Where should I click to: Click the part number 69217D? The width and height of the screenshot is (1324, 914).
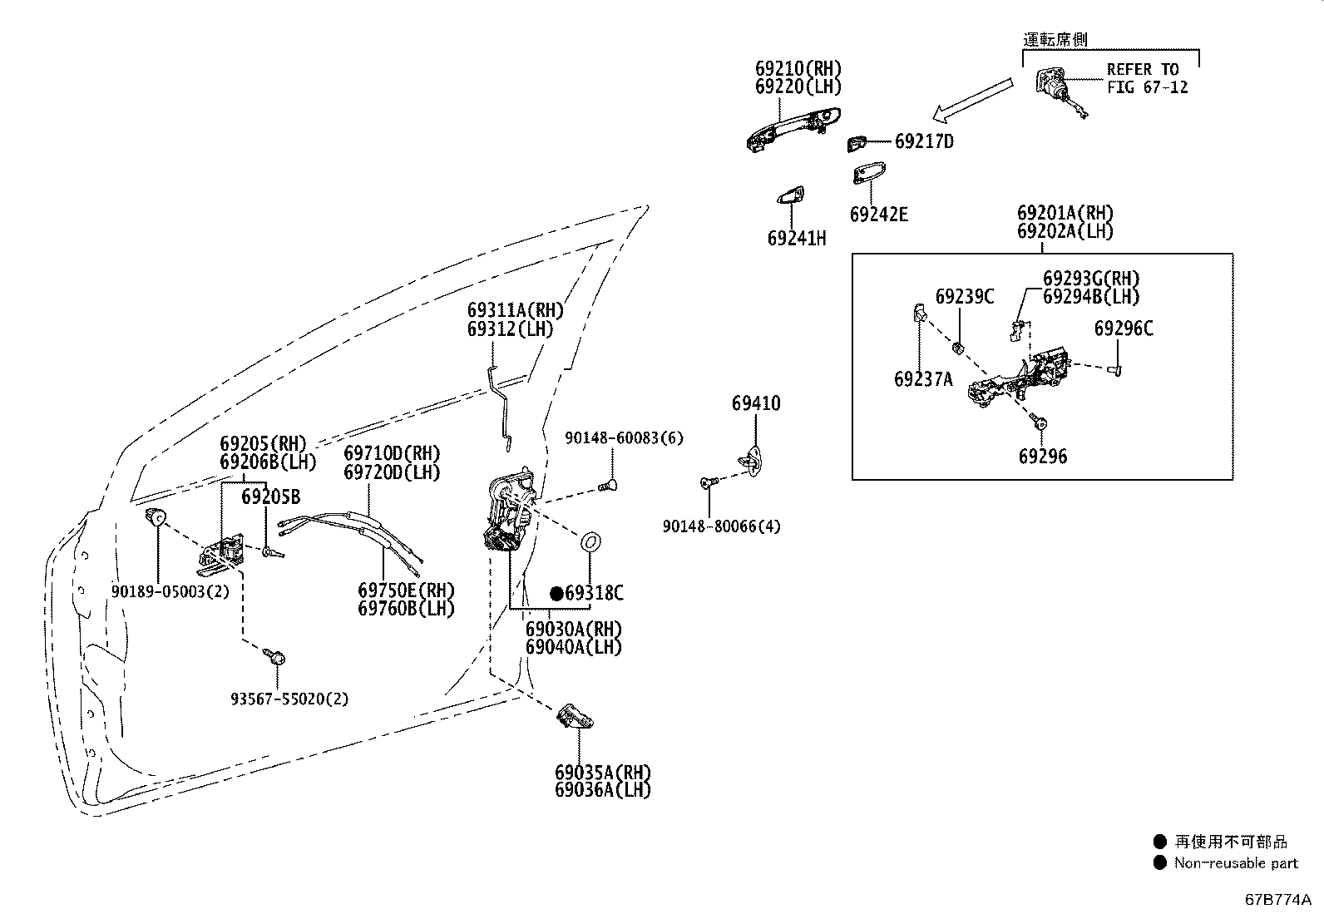coord(924,141)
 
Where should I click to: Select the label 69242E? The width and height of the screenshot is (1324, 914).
coord(878,214)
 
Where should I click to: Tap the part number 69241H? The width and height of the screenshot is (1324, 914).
coord(796,238)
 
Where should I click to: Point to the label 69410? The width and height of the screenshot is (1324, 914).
coord(756,403)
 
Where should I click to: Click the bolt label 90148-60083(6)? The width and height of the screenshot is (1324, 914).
coord(624,438)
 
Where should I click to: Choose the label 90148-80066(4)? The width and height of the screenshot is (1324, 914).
coord(721,526)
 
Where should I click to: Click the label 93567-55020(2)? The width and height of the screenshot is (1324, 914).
coord(289,699)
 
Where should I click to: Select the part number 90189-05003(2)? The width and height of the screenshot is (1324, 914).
coord(170,591)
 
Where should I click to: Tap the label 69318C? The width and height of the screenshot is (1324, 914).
coord(594,592)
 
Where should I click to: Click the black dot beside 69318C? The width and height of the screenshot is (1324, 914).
coord(556,594)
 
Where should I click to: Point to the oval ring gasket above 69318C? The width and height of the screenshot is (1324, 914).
coord(590,542)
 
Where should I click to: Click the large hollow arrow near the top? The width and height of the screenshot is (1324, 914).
coord(972,100)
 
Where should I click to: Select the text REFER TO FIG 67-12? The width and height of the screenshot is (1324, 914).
coord(1147,78)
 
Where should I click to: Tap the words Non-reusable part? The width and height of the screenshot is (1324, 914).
coord(1236,863)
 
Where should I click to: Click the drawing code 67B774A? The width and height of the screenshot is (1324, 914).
coord(1277,899)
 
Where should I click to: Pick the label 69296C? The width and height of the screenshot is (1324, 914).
coord(1123,329)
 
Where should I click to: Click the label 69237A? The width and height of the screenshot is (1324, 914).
coord(923,379)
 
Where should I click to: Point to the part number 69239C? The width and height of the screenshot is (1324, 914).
coord(964,296)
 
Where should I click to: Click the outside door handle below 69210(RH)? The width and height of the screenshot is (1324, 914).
coord(793,130)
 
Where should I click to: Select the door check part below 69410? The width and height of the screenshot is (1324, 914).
coord(751,461)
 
